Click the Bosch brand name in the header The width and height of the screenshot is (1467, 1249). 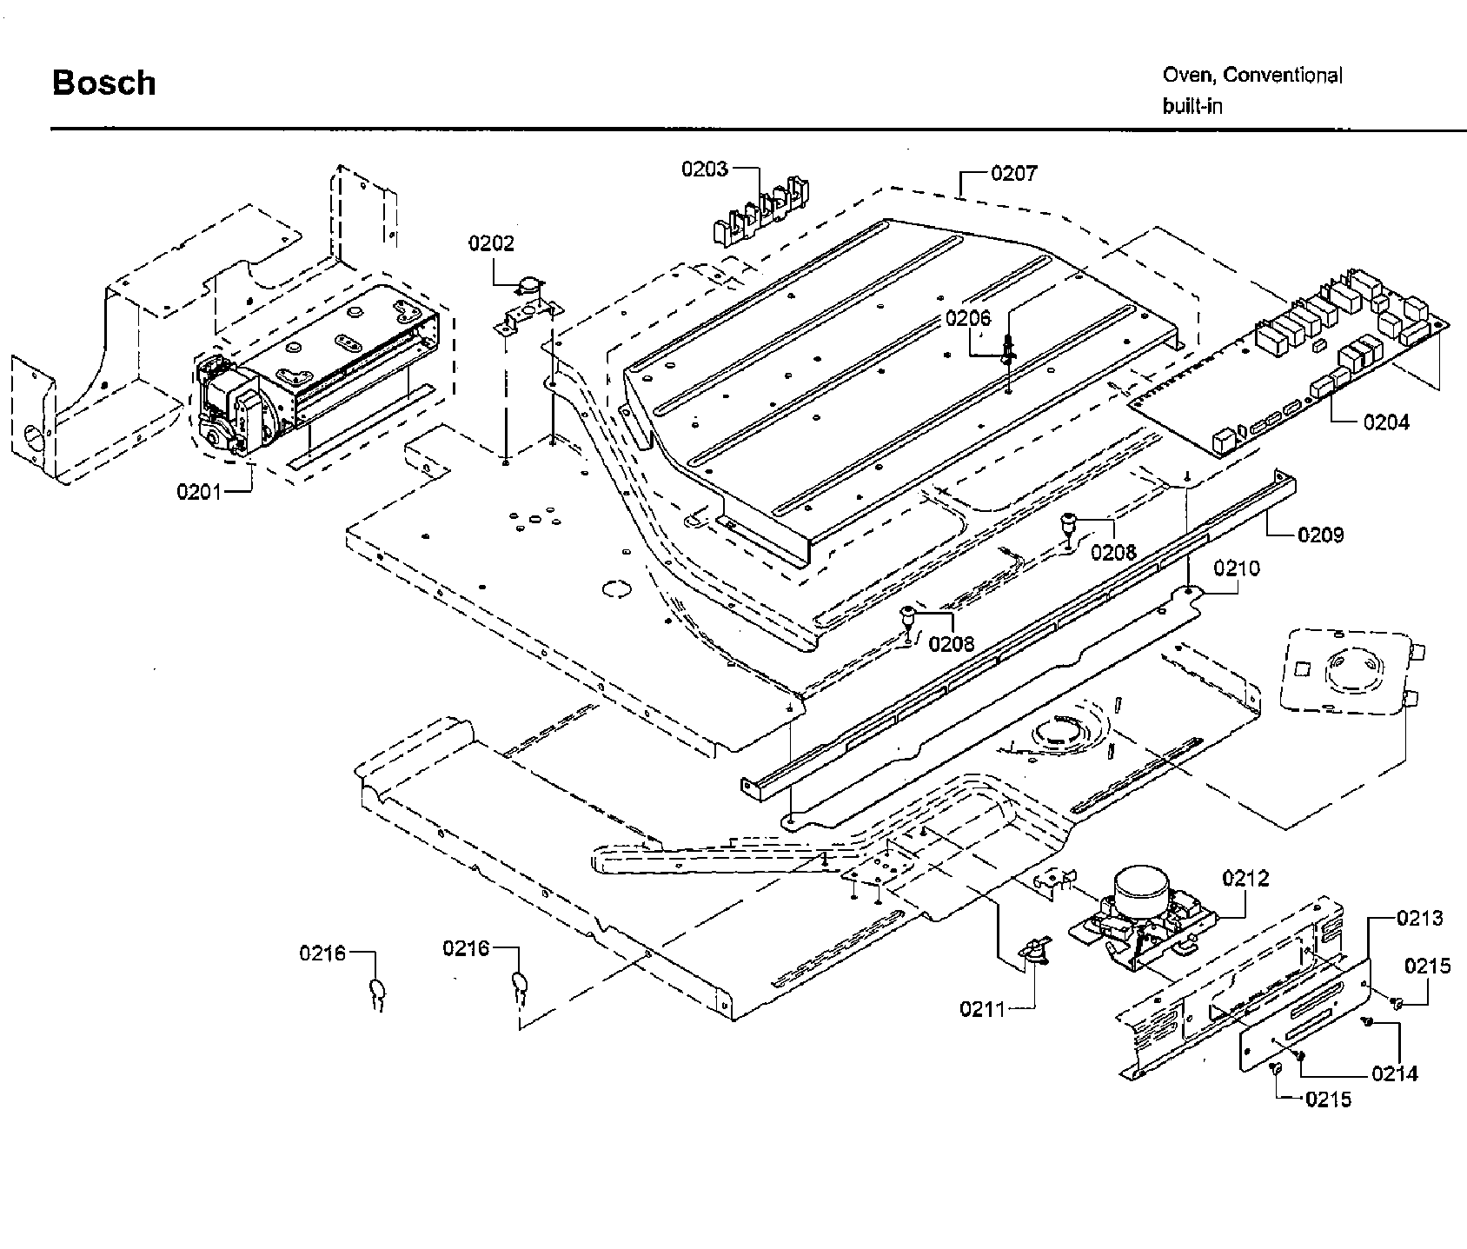pos(104,83)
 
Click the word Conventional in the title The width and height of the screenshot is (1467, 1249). pos(1283,76)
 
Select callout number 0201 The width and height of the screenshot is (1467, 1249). pos(199,492)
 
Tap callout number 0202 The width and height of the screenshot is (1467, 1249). pos(491,243)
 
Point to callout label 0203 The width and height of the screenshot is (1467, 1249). pos(705,169)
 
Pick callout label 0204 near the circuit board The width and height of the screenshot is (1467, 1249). pos(1386,422)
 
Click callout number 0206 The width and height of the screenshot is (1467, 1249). pos(968,318)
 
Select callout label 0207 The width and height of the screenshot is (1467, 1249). pos(1013,173)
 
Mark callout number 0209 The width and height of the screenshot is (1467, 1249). pos(1320,535)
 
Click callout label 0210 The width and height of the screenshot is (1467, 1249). pos(1237,568)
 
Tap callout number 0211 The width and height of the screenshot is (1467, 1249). pos(982,1009)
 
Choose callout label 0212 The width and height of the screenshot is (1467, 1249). pos(1245,879)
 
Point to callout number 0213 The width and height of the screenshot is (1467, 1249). pos(1420,918)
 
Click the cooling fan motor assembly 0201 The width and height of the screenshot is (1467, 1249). pos(235,409)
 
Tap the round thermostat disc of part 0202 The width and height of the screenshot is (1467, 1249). pos(529,284)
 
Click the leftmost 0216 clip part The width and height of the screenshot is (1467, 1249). pos(378,991)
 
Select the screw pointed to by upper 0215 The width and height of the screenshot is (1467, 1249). pos(1397,1003)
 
